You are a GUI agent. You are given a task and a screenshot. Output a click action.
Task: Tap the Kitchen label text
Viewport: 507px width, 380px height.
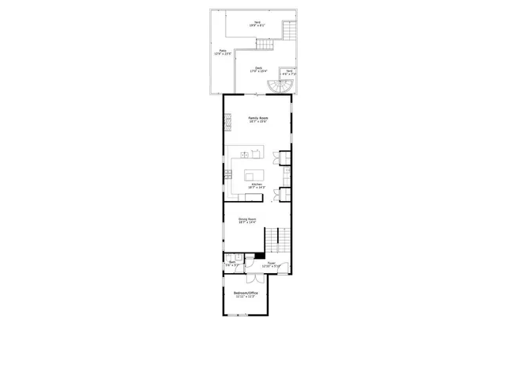pyautogui.click(x=256, y=184)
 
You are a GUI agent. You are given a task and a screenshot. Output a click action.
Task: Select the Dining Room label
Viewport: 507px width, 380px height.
pyautogui.click(x=248, y=218)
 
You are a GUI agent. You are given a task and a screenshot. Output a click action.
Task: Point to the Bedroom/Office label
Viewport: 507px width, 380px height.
pyautogui.click(x=246, y=294)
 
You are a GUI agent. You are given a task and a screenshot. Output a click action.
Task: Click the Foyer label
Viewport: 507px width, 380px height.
pyautogui.click(x=271, y=262)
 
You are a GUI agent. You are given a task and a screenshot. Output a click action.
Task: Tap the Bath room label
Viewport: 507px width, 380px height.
pyautogui.click(x=233, y=262)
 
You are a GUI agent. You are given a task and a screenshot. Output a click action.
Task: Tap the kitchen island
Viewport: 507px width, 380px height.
pyautogui.click(x=254, y=175)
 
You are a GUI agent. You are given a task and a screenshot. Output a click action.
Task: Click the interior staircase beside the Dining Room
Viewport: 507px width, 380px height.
pyautogui.click(x=274, y=237)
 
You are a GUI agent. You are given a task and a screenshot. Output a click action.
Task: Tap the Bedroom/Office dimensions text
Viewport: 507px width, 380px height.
pyautogui.click(x=246, y=298)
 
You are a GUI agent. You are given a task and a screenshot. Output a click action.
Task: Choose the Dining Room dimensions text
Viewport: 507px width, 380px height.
pyautogui.click(x=247, y=222)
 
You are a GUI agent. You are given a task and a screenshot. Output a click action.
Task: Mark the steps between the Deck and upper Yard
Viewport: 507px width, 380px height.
pyautogui.click(x=290, y=32)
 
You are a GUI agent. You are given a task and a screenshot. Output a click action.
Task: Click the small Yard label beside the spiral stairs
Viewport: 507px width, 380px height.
pyautogui.click(x=289, y=70)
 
